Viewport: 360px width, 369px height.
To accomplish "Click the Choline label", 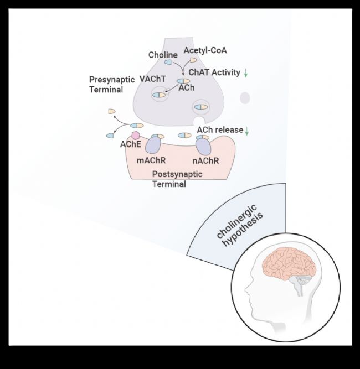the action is (x=163, y=55).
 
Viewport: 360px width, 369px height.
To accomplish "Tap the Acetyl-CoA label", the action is (x=205, y=50).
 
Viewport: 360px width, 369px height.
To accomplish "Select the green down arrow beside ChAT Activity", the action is (x=246, y=73).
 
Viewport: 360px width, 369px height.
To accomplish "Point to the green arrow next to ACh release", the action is (x=247, y=131).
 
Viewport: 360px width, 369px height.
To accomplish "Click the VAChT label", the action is (x=153, y=79).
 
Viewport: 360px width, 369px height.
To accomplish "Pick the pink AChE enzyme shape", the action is (x=136, y=136).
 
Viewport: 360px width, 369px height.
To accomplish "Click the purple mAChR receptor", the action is (x=153, y=145).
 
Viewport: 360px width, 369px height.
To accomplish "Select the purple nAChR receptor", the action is (x=203, y=147).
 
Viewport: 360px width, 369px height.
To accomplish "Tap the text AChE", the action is (x=131, y=144).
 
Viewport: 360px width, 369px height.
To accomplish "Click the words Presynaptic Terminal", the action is (x=112, y=85).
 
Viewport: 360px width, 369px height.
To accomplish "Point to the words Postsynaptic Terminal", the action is (x=177, y=179).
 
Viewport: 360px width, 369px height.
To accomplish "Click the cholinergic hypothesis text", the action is (x=240, y=226).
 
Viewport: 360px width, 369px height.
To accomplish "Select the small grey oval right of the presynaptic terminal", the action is (x=245, y=98).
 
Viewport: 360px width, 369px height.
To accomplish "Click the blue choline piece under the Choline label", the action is (x=168, y=62).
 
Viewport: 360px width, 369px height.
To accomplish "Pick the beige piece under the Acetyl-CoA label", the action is (x=193, y=60).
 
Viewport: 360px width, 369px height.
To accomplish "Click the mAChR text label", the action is (x=151, y=160).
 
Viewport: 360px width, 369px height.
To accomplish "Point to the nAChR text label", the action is (x=205, y=161).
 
